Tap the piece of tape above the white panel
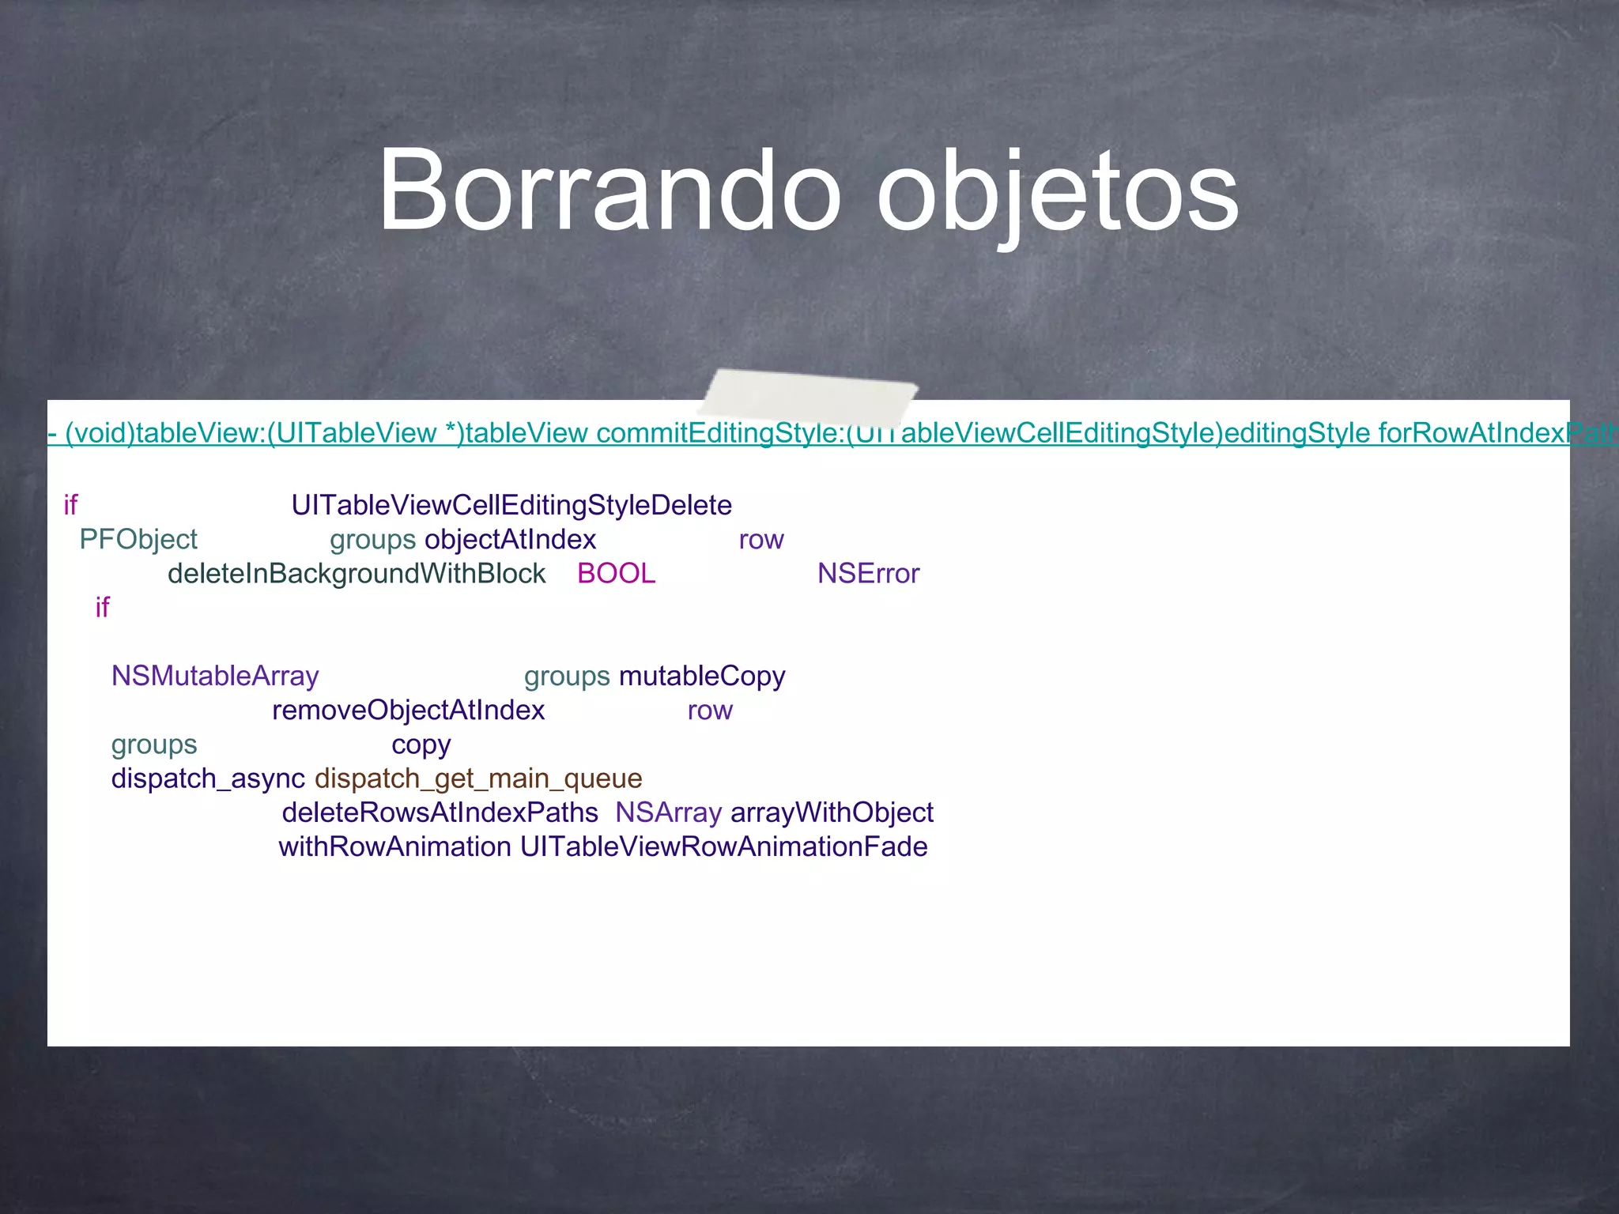point(808,394)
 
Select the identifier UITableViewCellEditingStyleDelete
point(511,505)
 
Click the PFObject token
point(138,539)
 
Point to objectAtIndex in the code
point(510,539)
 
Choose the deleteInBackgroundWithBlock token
point(357,573)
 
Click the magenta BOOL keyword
point(616,573)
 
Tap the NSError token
point(868,573)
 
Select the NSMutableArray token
point(215,676)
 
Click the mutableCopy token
point(702,676)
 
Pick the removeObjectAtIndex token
point(408,710)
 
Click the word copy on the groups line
point(421,745)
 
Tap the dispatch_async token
point(208,779)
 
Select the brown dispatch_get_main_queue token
point(478,779)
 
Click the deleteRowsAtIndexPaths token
point(440,812)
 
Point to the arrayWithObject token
point(832,812)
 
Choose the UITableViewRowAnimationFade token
point(723,846)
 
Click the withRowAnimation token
point(394,846)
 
